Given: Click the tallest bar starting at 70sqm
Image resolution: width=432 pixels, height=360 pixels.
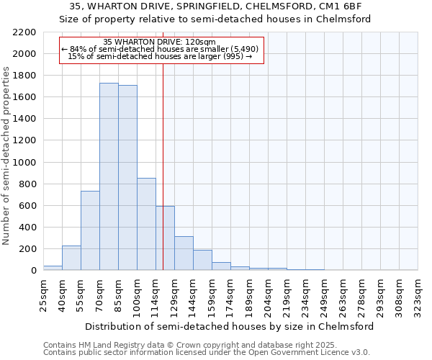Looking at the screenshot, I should coord(109,176).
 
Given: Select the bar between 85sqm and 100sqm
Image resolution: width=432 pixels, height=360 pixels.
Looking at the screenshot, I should coord(127,177).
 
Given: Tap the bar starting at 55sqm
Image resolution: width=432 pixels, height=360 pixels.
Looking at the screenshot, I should coord(90,230).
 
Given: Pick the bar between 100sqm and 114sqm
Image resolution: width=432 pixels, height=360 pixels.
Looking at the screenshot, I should coord(146,224).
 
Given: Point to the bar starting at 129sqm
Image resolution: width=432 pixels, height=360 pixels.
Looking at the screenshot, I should coord(184,253).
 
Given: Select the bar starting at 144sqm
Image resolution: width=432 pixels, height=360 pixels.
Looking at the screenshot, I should coord(202,260).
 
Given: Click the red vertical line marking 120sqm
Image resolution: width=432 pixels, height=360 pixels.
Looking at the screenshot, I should coord(163,166).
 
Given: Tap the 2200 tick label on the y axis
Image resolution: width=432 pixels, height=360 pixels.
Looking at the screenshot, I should coord(24,32).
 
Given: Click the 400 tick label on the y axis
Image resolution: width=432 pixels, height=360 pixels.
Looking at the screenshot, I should coord(27,228).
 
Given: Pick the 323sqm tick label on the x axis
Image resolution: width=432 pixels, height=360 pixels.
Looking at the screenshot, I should coord(418,294).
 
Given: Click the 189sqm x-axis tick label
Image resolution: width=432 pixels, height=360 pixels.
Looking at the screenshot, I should coord(249,294).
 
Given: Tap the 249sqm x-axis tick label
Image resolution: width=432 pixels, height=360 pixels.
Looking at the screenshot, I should coord(324,294).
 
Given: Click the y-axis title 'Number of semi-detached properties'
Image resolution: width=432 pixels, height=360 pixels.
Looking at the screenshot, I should coord(6,156).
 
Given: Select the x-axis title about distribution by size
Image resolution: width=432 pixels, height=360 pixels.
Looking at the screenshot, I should coord(230,326).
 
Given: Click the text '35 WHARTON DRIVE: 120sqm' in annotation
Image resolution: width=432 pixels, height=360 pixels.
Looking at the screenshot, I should coord(159,42).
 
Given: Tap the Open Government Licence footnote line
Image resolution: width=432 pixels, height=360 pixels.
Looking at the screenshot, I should coord(207,353).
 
